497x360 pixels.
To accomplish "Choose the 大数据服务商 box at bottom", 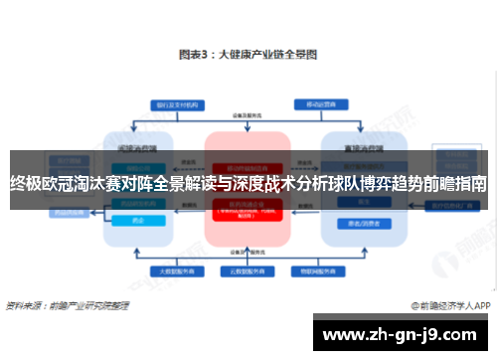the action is (175, 270).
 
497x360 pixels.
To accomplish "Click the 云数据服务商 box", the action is (248, 270).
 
